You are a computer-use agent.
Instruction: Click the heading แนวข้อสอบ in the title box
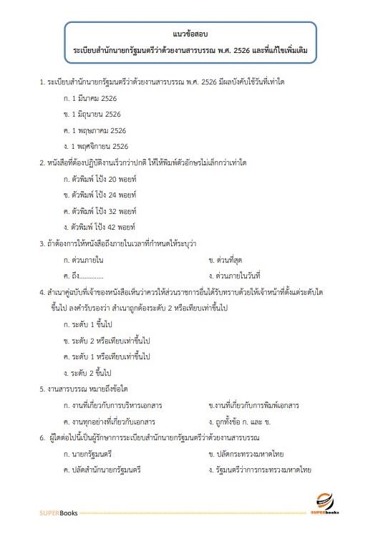pyautogui.click(x=189, y=34)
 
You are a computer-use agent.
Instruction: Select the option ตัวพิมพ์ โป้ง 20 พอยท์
pyautogui.click(x=99, y=178)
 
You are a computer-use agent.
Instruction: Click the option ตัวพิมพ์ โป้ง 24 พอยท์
pyautogui.click(x=99, y=194)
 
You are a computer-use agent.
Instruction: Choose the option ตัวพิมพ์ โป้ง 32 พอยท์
pyautogui.click(x=99, y=210)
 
